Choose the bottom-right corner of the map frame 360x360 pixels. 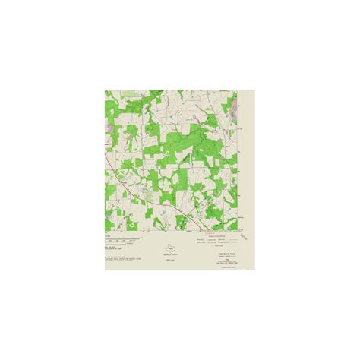point(238,231)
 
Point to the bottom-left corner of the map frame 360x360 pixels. point(105,231)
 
